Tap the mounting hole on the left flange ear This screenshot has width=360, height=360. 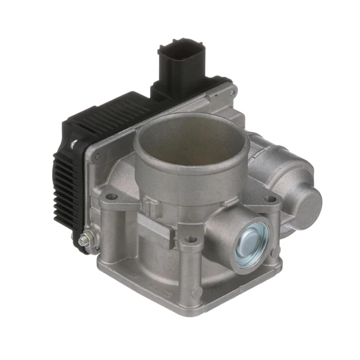tap(110, 197)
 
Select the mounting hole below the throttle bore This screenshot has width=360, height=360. tap(191, 239)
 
